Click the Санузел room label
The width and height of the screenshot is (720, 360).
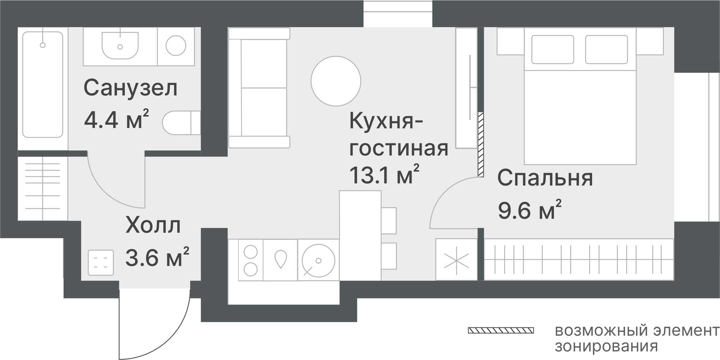(130, 88)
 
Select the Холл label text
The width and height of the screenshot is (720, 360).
(153, 226)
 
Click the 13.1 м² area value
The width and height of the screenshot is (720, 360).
(384, 174)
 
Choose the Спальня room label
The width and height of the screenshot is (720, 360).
(545, 178)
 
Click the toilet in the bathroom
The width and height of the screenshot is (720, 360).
(182, 123)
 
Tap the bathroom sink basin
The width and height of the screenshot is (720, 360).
(120, 45)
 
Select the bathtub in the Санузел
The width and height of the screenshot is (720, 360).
(43, 84)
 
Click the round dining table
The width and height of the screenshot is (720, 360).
(336, 81)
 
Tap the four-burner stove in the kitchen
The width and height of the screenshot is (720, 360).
(250, 260)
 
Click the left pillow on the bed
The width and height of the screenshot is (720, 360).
(552, 49)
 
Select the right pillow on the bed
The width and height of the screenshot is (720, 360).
(606, 49)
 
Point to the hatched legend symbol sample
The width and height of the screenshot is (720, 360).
(501, 330)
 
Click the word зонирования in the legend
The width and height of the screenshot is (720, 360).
(606, 346)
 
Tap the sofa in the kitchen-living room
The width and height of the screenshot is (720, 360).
(259, 88)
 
